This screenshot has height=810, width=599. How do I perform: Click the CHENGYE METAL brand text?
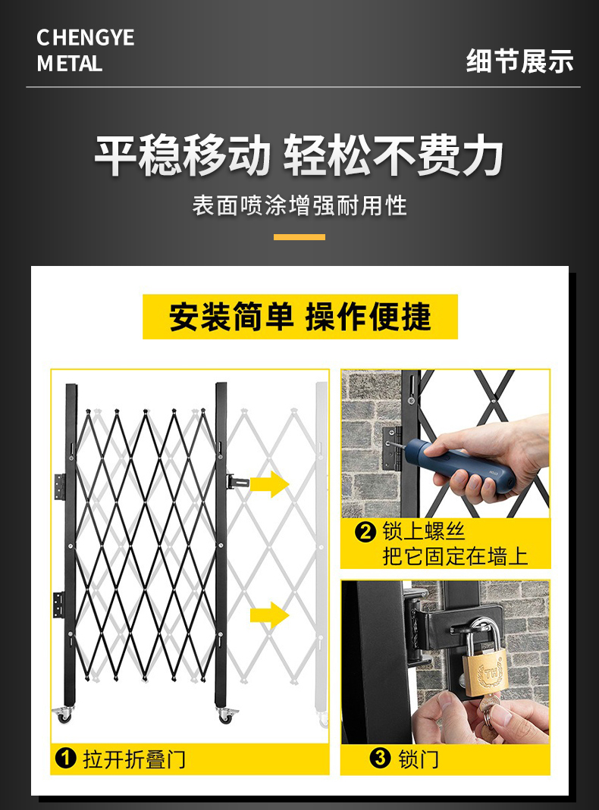(x=85, y=51)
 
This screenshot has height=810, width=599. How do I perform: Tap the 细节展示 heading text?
(x=519, y=61)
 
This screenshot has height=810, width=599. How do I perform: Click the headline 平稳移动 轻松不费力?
(x=299, y=156)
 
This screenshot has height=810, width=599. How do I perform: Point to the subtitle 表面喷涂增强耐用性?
(x=299, y=205)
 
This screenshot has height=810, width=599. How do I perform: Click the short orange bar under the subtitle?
(x=299, y=237)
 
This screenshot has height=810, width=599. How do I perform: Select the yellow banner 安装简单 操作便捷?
(x=300, y=317)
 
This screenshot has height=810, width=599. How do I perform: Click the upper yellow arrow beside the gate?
(x=269, y=483)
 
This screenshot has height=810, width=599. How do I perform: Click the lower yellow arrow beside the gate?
(x=269, y=615)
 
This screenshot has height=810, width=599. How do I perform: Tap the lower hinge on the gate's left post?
(x=58, y=604)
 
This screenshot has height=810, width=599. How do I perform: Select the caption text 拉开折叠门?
(x=133, y=758)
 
